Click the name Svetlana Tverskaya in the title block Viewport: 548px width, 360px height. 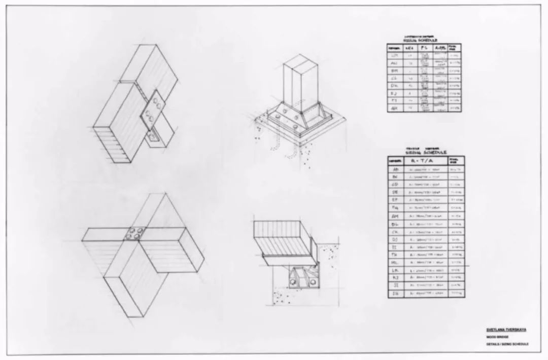point(505,330)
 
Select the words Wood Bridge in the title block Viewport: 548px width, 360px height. point(496,337)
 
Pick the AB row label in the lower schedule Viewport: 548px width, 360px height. point(395,169)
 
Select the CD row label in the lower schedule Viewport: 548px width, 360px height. point(395,185)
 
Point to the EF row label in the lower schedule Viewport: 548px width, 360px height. point(395,200)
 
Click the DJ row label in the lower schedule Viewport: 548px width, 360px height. point(395,239)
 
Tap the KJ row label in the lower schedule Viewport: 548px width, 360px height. point(395,278)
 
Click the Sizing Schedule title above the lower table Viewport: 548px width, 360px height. point(426,152)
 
